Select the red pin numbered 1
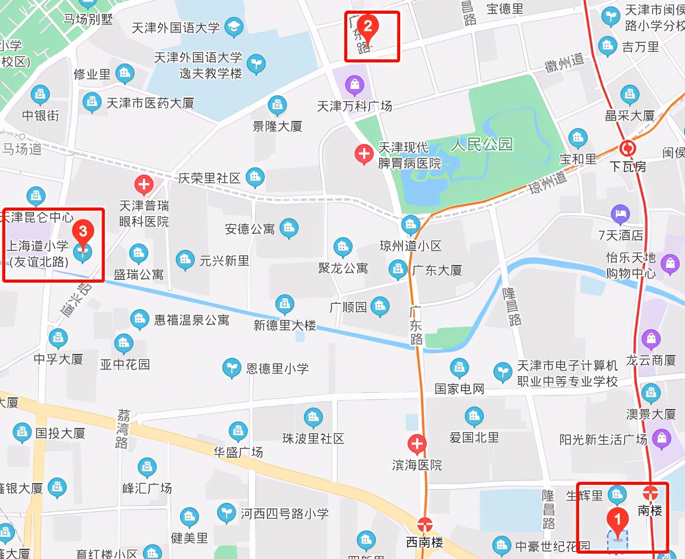pyautogui.click(x=617, y=519)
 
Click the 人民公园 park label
pyautogui.click(x=482, y=144)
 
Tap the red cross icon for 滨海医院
pyautogui.click(x=417, y=444)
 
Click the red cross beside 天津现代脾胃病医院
pyautogui.click(x=364, y=154)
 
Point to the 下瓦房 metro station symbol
pyautogui.click(x=627, y=148)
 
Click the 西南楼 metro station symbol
pyautogui.click(x=425, y=525)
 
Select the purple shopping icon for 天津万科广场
pyautogui.click(x=354, y=85)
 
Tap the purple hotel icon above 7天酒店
pyautogui.click(x=620, y=214)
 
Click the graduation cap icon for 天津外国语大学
pyautogui.click(x=233, y=26)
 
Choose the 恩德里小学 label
pyautogui.click(x=277, y=368)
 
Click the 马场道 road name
pyautogui.click(x=22, y=149)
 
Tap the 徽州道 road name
pyautogui.click(x=565, y=63)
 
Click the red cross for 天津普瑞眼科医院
pyautogui.click(x=143, y=185)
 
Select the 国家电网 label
pyautogui.click(x=459, y=389)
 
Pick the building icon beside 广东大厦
pyautogui.click(x=398, y=269)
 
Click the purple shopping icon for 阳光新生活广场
pyautogui.click(x=661, y=438)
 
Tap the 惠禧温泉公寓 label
pyautogui.click(x=192, y=320)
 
